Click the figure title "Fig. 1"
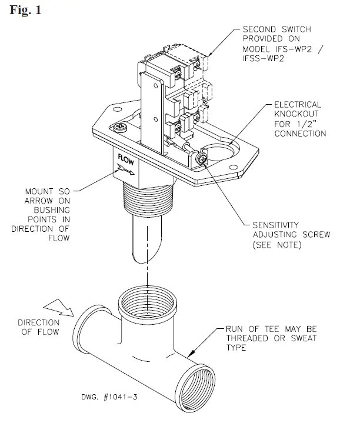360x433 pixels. pyautogui.click(x=25, y=10)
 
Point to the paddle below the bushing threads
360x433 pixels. pyautogui.click(x=145, y=242)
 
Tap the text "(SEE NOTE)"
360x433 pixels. pyautogui.click(x=277, y=244)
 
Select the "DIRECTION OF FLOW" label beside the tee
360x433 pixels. pyautogui.click(x=38, y=328)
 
